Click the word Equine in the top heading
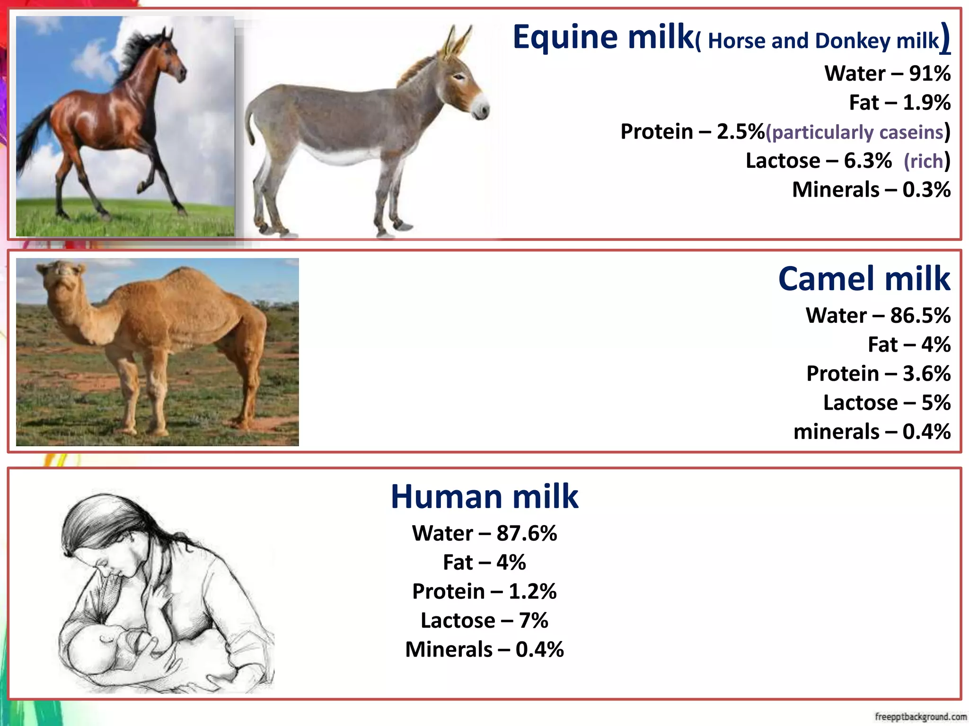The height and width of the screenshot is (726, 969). [x=565, y=38]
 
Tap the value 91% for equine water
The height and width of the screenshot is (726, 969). [x=930, y=74]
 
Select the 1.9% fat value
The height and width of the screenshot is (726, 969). [x=926, y=103]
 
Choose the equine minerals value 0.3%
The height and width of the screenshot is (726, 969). [x=926, y=190]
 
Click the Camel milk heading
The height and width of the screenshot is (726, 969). [x=864, y=279]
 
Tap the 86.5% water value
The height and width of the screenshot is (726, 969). [x=920, y=316]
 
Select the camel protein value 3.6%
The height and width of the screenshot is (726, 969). [x=926, y=374]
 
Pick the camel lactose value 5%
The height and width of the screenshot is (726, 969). [x=936, y=403]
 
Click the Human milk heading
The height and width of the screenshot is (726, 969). [x=484, y=497]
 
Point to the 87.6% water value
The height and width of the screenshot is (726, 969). [x=527, y=534]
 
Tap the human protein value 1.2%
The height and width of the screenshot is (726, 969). [x=533, y=592]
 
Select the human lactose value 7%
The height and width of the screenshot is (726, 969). [x=533, y=621]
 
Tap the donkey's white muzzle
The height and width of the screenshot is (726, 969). [x=481, y=106]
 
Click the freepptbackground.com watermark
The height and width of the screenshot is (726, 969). [x=920, y=717]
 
